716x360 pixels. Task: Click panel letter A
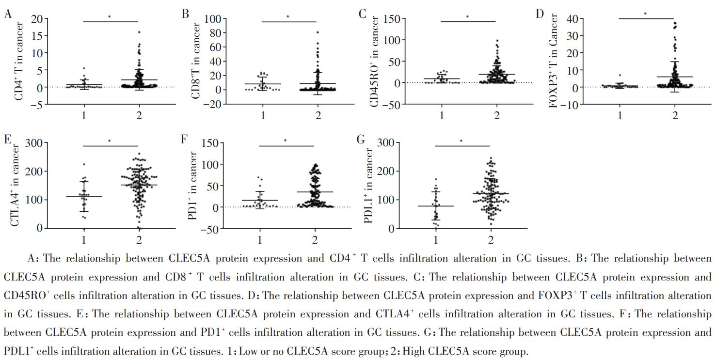(x=7, y=14)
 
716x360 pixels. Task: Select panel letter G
(x=361, y=140)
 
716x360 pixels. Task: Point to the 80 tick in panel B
(x=215, y=33)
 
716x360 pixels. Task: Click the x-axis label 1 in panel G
(x=436, y=240)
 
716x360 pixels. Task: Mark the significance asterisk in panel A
(x=109, y=16)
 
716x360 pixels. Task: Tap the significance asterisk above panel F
(x=285, y=141)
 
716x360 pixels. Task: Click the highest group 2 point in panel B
(x=318, y=32)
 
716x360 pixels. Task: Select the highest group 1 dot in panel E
(x=84, y=165)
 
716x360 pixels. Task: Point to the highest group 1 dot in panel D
(x=620, y=76)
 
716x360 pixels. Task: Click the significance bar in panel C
(x=468, y=21)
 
